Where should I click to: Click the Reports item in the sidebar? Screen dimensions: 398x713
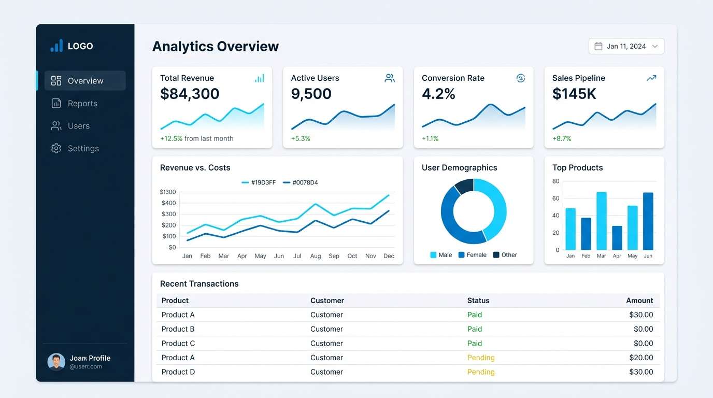click(82, 104)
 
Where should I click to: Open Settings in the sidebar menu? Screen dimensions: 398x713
click(83, 149)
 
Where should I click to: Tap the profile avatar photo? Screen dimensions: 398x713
click(56, 362)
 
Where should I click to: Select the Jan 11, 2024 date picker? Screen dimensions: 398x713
click(626, 47)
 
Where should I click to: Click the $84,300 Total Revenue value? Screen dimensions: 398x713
click(190, 94)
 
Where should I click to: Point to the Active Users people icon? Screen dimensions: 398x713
click(390, 78)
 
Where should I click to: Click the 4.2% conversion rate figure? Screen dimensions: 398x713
click(438, 94)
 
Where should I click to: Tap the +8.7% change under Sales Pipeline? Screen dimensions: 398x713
click(562, 139)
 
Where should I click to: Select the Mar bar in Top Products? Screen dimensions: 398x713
click(602, 221)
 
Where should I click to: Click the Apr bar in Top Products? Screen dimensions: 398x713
click(617, 238)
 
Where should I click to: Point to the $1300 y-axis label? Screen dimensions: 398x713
click(168, 192)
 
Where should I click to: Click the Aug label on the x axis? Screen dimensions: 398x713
click(316, 256)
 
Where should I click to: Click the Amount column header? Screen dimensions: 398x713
click(639, 301)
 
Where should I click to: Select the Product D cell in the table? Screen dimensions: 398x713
click(178, 372)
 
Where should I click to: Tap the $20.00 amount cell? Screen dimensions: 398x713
click(641, 358)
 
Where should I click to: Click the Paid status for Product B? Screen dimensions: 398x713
click(475, 329)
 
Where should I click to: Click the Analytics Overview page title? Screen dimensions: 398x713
click(216, 47)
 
